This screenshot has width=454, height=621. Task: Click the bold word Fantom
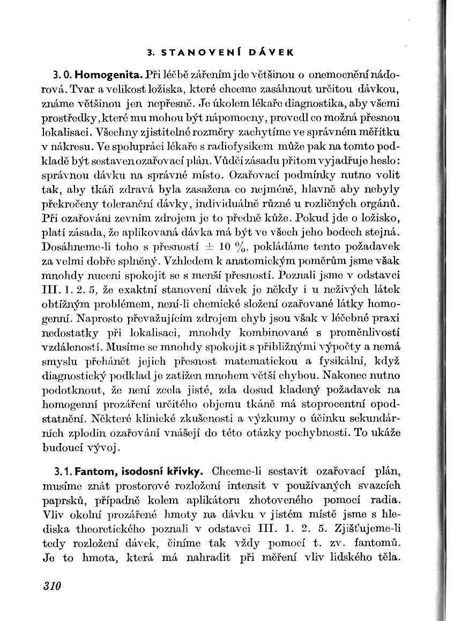[92, 472]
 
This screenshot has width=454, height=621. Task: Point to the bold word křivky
[183, 472]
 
